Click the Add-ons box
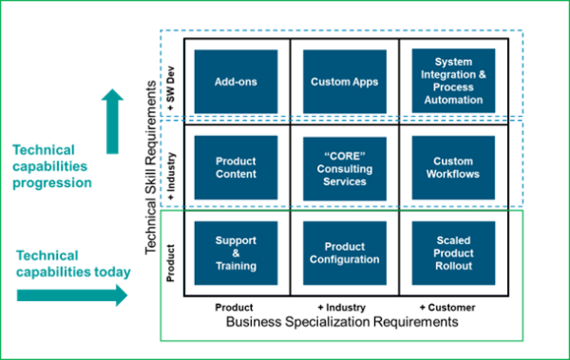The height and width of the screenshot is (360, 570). (x=236, y=82)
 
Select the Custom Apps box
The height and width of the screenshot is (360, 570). (x=344, y=82)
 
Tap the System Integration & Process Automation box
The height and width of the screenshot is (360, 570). (x=453, y=82)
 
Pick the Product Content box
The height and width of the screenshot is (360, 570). (x=236, y=167)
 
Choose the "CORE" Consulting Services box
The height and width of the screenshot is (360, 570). (x=344, y=167)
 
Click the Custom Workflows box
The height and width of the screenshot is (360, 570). (x=453, y=167)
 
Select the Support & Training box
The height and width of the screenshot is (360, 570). (x=236, y=253)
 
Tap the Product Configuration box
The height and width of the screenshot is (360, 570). (x=344, y=253)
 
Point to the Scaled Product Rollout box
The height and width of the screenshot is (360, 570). (x=453, y=253)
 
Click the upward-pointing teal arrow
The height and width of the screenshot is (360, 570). (x=112, y=121)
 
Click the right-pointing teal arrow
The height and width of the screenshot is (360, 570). (x=72, y=295)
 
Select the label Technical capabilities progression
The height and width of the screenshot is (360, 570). (x=51, y=166)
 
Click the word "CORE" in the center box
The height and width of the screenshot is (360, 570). (x=344, y=154)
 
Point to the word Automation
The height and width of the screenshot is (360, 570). (x=453, y=100)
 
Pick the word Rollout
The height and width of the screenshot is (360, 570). (x=453, y=266)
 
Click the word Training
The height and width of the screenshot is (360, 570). (x=236, y=267)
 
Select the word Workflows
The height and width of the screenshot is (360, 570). (x=453, y=175)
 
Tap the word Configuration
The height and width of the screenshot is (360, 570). (x=344, y=259)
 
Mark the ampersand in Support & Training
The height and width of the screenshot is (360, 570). (x=236, y=254)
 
